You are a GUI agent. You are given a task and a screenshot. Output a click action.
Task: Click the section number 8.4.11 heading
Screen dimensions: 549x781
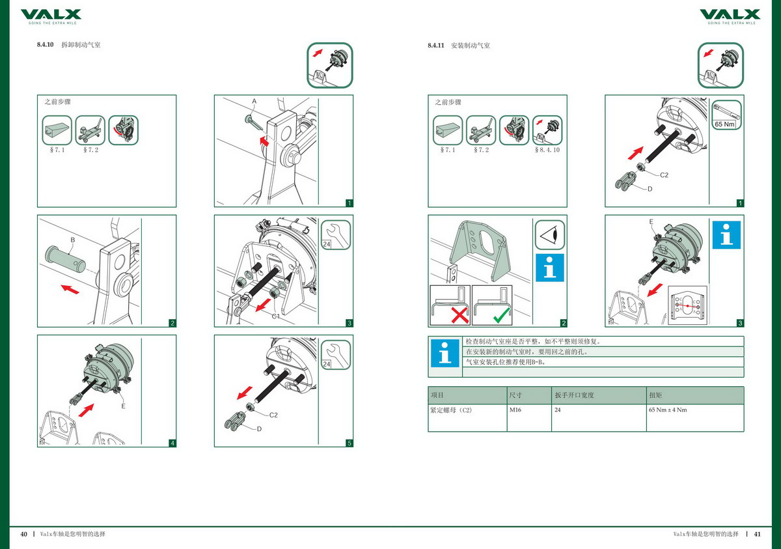pyautogui.click(x=435, y=46)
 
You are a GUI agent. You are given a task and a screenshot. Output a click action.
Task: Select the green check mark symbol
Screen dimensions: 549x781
pyautogui.click(x=501, y=317)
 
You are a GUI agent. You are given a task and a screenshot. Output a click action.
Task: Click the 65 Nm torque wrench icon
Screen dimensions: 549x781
pyautogui.click(x=726, y=115)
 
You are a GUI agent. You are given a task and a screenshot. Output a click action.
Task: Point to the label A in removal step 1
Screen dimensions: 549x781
pyautogui.click(x=254, y=102)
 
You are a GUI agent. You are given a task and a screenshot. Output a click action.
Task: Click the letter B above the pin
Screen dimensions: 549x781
pyautogui.click(x=73, y=240)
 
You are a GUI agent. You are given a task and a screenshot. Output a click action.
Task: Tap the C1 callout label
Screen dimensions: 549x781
pyautogui.click(x=275, y=316)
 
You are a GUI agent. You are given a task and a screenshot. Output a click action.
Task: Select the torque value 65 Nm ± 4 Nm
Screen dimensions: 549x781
pyautogui.click(x=668, y=410)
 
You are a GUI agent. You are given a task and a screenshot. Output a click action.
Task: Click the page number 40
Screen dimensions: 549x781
pyautogui.click(x=24, y=534)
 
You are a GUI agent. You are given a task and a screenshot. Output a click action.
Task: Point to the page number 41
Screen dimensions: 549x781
pyautogui.click(x=758, y=534)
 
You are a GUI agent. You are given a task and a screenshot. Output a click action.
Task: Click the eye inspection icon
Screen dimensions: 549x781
pyautogui.click(x=550, y=235)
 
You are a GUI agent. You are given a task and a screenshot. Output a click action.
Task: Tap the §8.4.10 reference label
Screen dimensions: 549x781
pyautogui.click(x=547, y=150)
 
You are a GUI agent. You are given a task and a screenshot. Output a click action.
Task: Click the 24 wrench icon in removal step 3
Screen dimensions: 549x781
pyautogui.click(x=336, y=235)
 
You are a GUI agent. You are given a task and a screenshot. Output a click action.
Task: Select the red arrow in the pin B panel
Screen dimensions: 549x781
pyautogui.click(x=72, y=287)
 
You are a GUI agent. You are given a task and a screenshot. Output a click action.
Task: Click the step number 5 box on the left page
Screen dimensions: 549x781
pyautogui.click(x=349, y=443)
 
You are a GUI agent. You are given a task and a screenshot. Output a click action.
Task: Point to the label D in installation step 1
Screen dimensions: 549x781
pyautogui.click(x=649, y=189)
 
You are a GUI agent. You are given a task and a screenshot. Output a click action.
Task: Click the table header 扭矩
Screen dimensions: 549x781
pyautogui.click(x=655, y=395)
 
